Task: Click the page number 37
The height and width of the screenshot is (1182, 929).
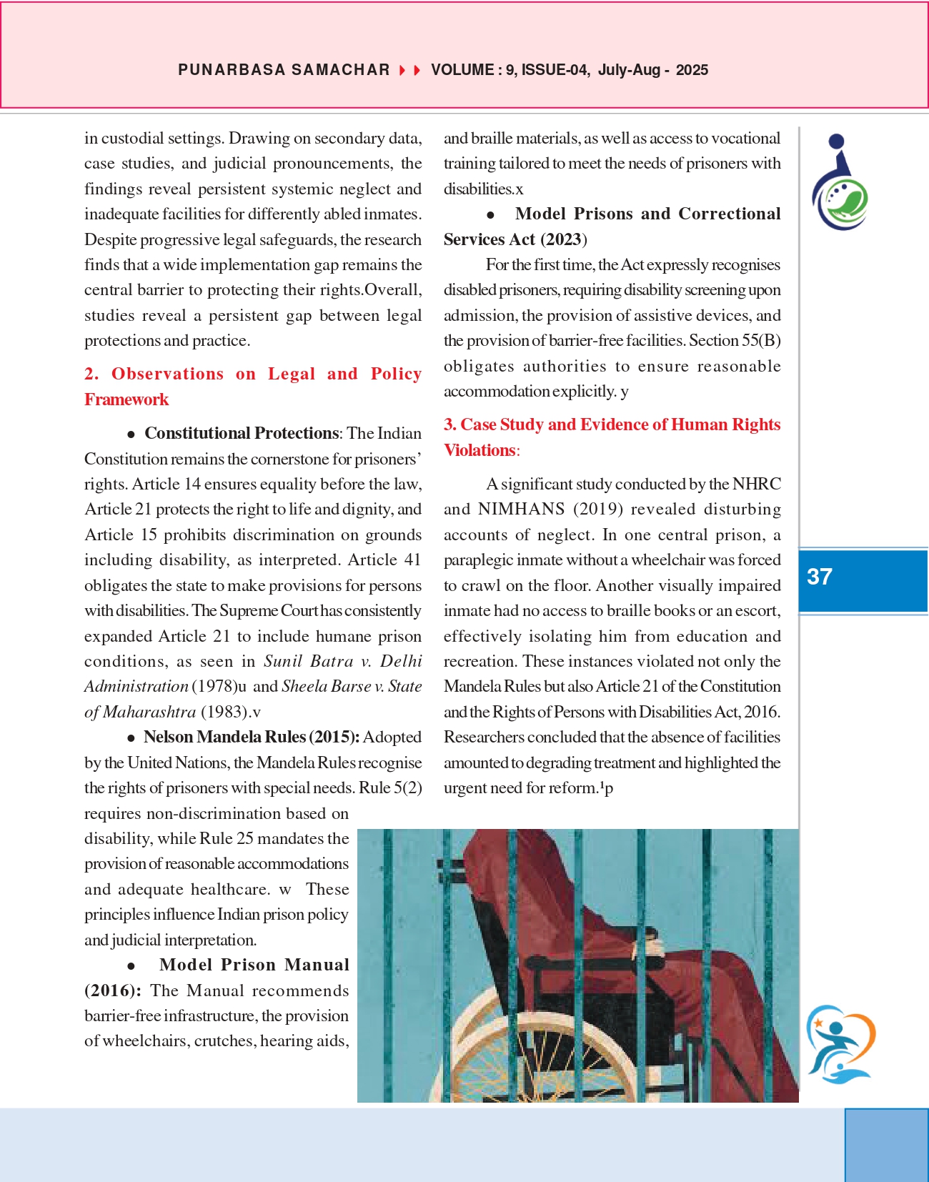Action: (x=819, y=577)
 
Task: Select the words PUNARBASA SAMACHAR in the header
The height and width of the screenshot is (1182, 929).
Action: (x=284, y=70)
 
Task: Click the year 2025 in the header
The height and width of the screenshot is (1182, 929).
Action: (x=692, y=70)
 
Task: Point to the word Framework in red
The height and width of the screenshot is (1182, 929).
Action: (x=126, y=399)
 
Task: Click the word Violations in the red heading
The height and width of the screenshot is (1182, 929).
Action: (x=480, y=450)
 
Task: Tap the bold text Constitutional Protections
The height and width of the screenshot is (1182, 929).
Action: (x=241, y=433)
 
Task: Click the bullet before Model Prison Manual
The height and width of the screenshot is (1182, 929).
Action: (x=131, y=966)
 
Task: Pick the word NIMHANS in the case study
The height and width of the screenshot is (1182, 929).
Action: (x=522, y=509)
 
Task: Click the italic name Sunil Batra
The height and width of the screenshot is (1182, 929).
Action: (x=309, y=661)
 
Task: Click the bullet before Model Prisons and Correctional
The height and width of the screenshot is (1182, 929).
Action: (x=490, y=214)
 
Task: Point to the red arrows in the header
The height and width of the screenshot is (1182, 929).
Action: (x=409, y=70)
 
